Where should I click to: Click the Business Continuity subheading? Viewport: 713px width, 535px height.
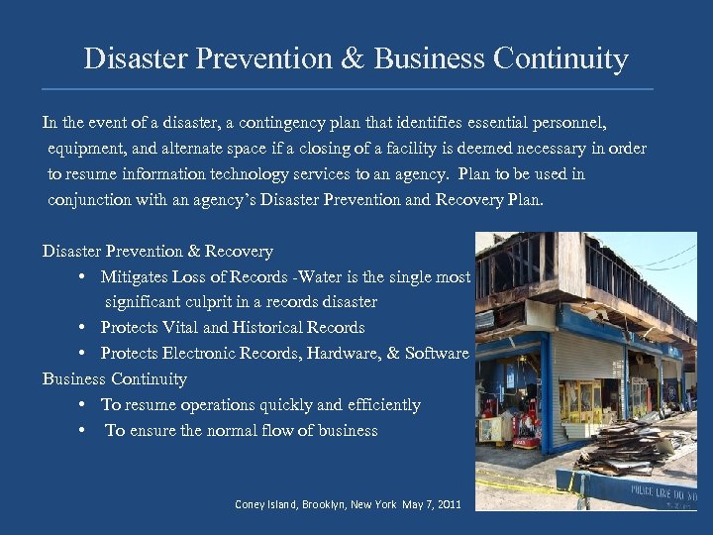[x=115, y=378]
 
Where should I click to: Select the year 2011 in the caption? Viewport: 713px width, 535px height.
[x=447, y=504]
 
